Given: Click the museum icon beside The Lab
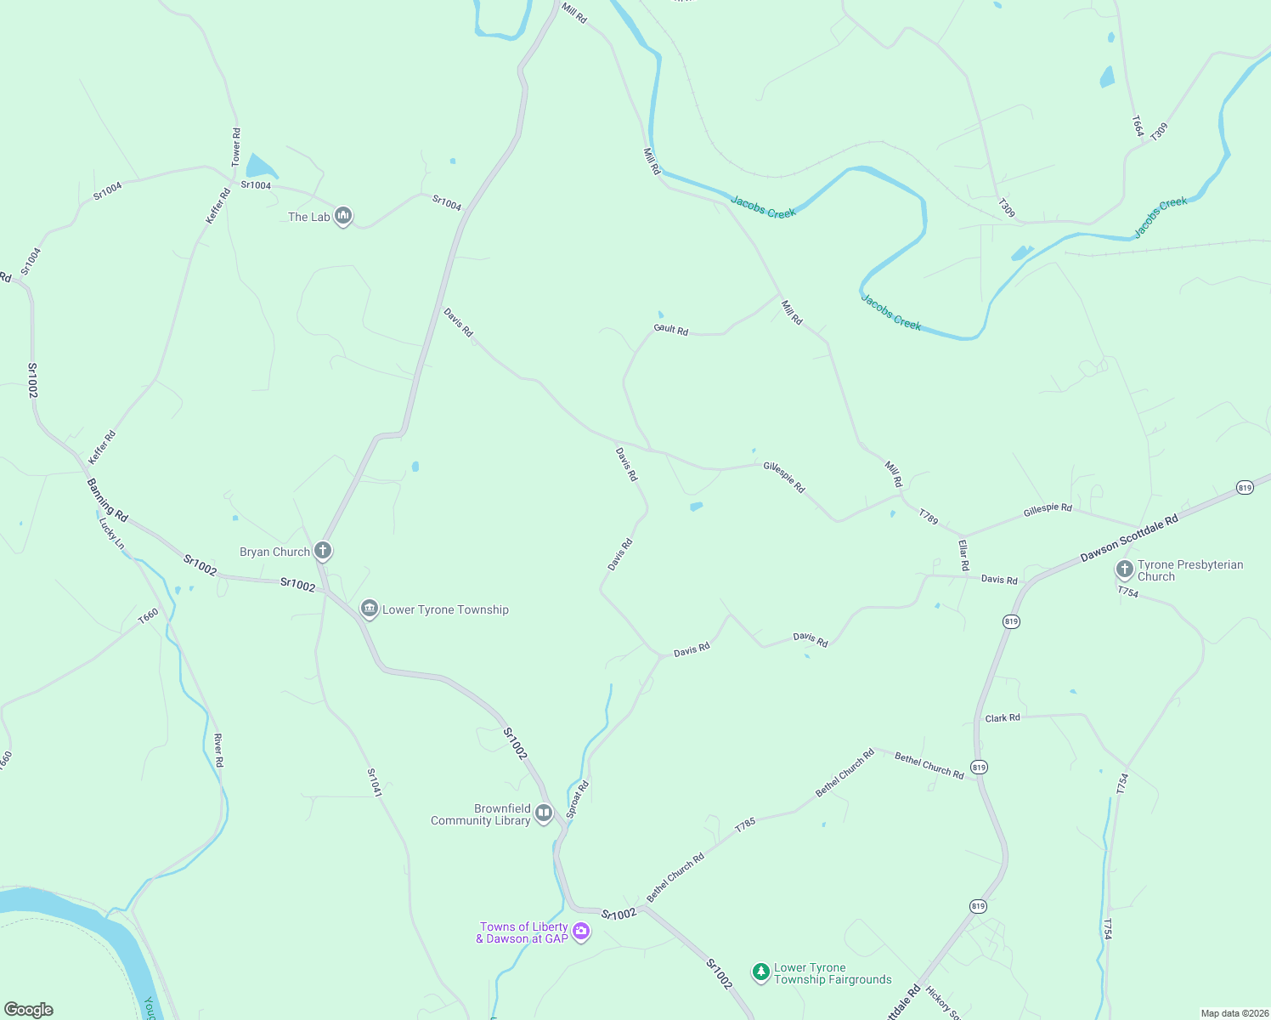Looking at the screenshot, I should click(343, 217).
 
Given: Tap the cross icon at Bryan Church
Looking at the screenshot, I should click(323, 551).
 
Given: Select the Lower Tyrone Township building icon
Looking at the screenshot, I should click(369, 609).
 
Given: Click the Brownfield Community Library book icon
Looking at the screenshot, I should click(544, 813).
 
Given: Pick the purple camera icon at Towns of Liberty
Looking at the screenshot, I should click(581, 932).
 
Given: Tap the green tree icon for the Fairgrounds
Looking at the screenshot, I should click(760, 972).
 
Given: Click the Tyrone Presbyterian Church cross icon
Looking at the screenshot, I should click(1124, 569).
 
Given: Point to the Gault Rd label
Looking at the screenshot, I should click(670, 329).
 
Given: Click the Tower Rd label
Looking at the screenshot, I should click(236, 146).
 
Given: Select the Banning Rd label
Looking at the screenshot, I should click(108, 500).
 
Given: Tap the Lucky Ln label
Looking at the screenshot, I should click(111, 533).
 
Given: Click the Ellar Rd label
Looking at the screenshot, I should click(963, 554).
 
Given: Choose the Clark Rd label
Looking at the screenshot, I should click(1003, 718).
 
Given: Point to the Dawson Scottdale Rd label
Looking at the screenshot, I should click(1129, 538).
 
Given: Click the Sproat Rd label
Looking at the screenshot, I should click(578, 800).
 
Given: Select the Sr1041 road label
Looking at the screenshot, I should click(374, 783).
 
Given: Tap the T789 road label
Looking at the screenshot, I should click(929, 517).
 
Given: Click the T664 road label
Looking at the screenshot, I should click(1138, 126).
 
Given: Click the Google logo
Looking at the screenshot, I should click(29, 1010).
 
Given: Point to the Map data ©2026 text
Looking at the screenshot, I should click(1234, 1013).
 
